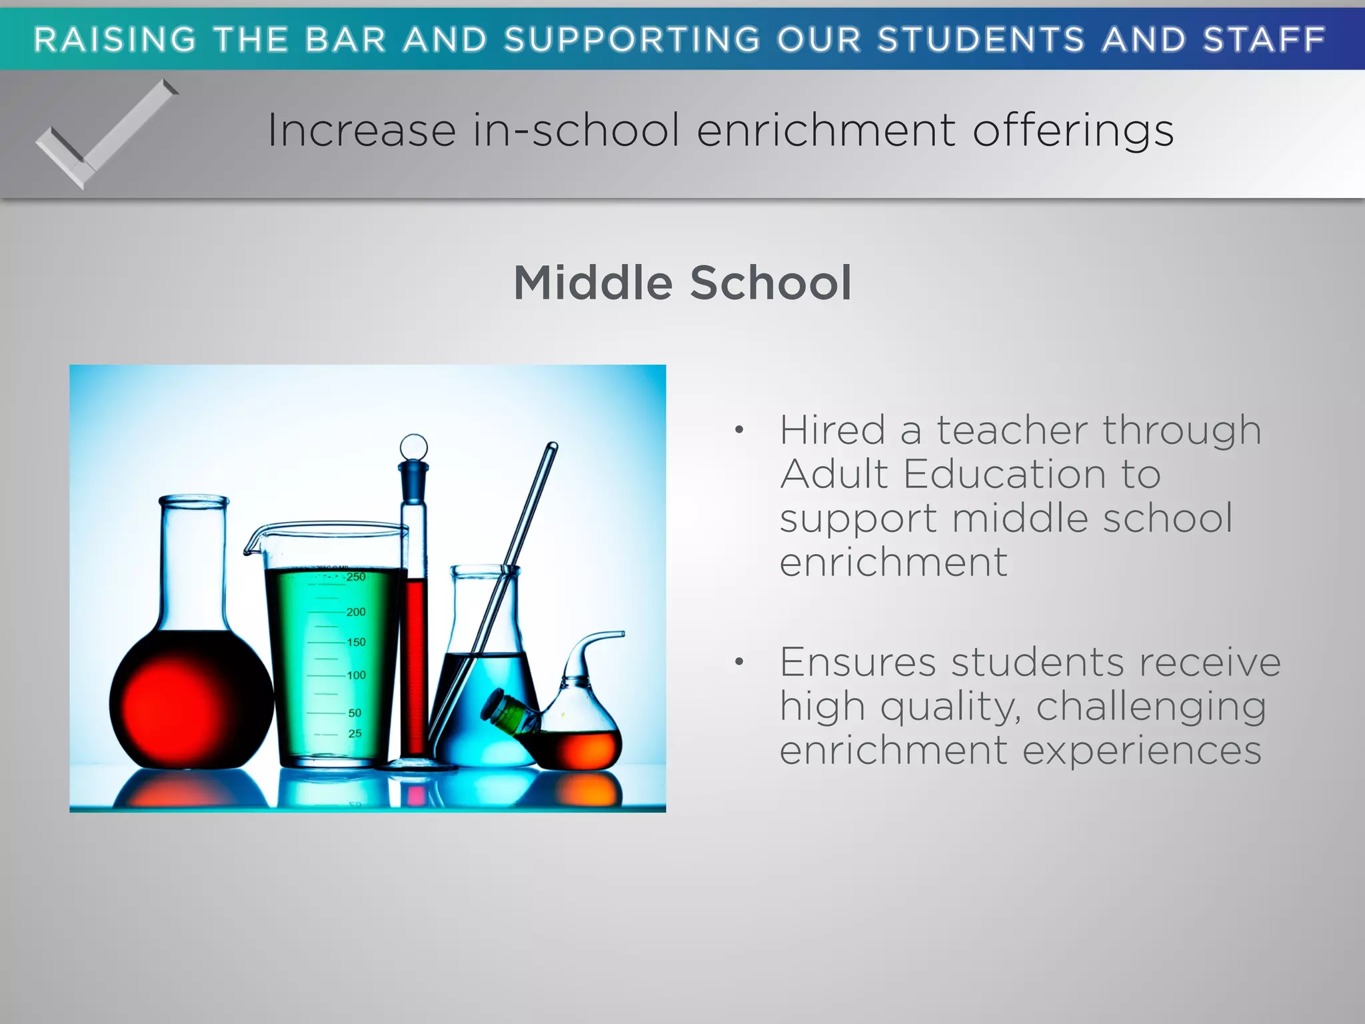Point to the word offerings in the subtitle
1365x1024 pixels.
click(x=1072, y=131)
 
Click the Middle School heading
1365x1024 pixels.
click(x=682, y=283)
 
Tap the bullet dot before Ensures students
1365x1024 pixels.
click(x=738, y=662)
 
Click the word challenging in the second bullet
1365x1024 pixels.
click(x=1151, y=706)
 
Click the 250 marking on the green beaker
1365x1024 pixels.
click(x=356, y=577)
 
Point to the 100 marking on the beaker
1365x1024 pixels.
click(x=356, y=675)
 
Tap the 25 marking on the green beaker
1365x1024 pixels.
click(x=355, y=733)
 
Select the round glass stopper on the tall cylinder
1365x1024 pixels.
click(x=413, y=447)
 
